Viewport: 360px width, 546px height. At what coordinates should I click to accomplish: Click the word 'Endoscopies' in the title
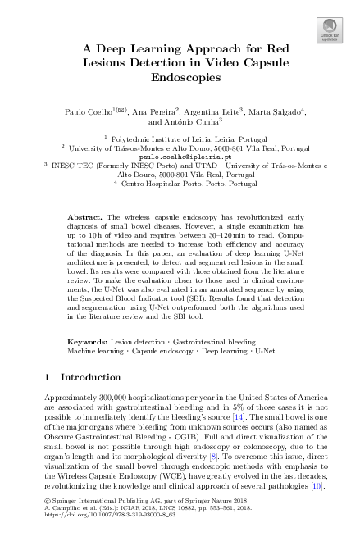tap(180, 79)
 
